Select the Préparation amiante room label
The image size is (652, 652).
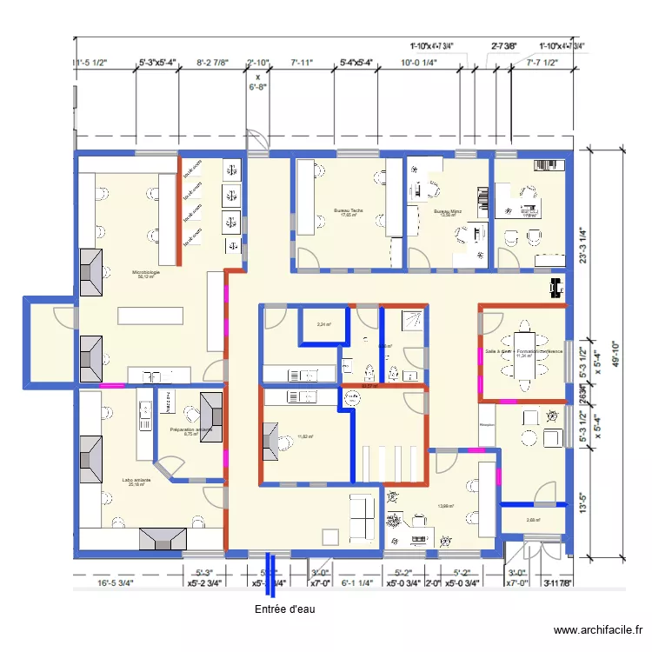(191, 431)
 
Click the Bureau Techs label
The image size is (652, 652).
(349, 212)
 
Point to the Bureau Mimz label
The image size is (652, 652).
(449, 212)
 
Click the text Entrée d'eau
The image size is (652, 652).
(284, 609)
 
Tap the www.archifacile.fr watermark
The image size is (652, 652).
(599, 630)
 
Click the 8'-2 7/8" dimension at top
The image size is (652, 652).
(212, 63)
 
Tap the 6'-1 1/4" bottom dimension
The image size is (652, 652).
(356, 583)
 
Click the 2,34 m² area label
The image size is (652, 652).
(323, 325)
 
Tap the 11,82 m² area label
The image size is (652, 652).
(304, 436)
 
